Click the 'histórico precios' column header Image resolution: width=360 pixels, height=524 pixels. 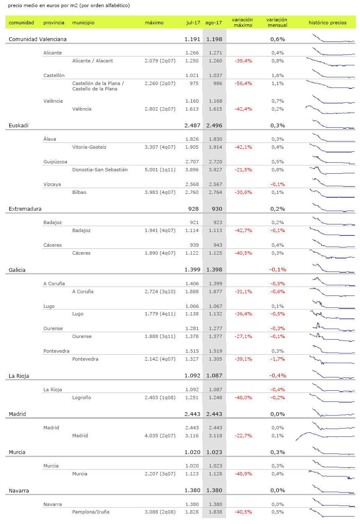327,23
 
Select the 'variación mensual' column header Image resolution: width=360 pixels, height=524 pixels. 277,23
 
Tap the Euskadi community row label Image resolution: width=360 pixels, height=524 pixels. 18,125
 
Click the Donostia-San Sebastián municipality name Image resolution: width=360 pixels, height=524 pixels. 100,170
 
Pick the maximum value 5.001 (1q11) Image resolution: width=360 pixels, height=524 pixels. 159,170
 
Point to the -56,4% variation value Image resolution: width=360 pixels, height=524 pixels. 243,83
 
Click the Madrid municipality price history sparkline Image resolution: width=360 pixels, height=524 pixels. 325,436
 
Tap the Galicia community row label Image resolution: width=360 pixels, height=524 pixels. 17,270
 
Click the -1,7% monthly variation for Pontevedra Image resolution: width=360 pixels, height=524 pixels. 278,359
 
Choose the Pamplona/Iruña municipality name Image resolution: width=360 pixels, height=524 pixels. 90,512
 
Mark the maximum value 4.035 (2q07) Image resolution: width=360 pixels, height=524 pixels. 159,436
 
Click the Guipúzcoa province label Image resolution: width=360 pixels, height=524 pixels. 55,162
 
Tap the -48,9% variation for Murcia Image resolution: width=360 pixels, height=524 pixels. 243,474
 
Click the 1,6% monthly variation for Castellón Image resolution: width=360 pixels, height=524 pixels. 278,75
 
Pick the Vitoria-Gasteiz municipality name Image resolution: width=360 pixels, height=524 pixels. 89,147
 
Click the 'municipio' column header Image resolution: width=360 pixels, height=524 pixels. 83,23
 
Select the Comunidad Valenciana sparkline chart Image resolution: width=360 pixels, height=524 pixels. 333,39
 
